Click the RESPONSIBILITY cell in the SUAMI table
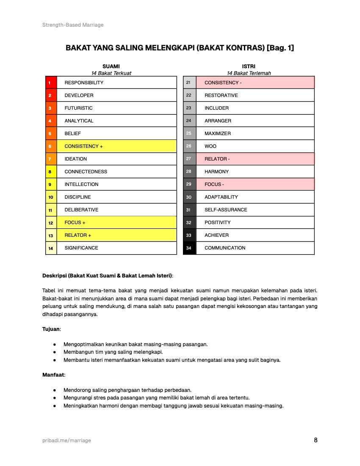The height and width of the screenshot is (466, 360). (116, 83)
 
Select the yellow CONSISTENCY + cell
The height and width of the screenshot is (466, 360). (116, 146)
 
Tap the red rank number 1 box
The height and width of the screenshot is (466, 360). (51, 83)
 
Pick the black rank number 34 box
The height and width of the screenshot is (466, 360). (189, 248)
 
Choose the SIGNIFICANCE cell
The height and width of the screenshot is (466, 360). (116, 248)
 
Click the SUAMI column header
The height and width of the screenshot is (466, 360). (111, 67)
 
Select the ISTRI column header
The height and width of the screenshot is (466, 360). (249, 67)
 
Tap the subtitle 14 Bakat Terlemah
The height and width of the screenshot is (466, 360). (249, 73)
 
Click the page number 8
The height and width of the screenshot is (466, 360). (316, 440)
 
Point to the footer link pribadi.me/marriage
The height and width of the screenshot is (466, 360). (66, 441)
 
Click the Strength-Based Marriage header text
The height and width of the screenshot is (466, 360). (73, 25)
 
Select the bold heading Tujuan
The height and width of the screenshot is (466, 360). (52, 329)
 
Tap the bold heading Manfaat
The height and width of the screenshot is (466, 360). (53, 374)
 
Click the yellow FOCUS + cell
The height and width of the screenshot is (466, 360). (116, 222)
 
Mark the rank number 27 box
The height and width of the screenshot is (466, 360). (189, 159)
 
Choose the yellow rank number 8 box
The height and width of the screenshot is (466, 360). (51, 172)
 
